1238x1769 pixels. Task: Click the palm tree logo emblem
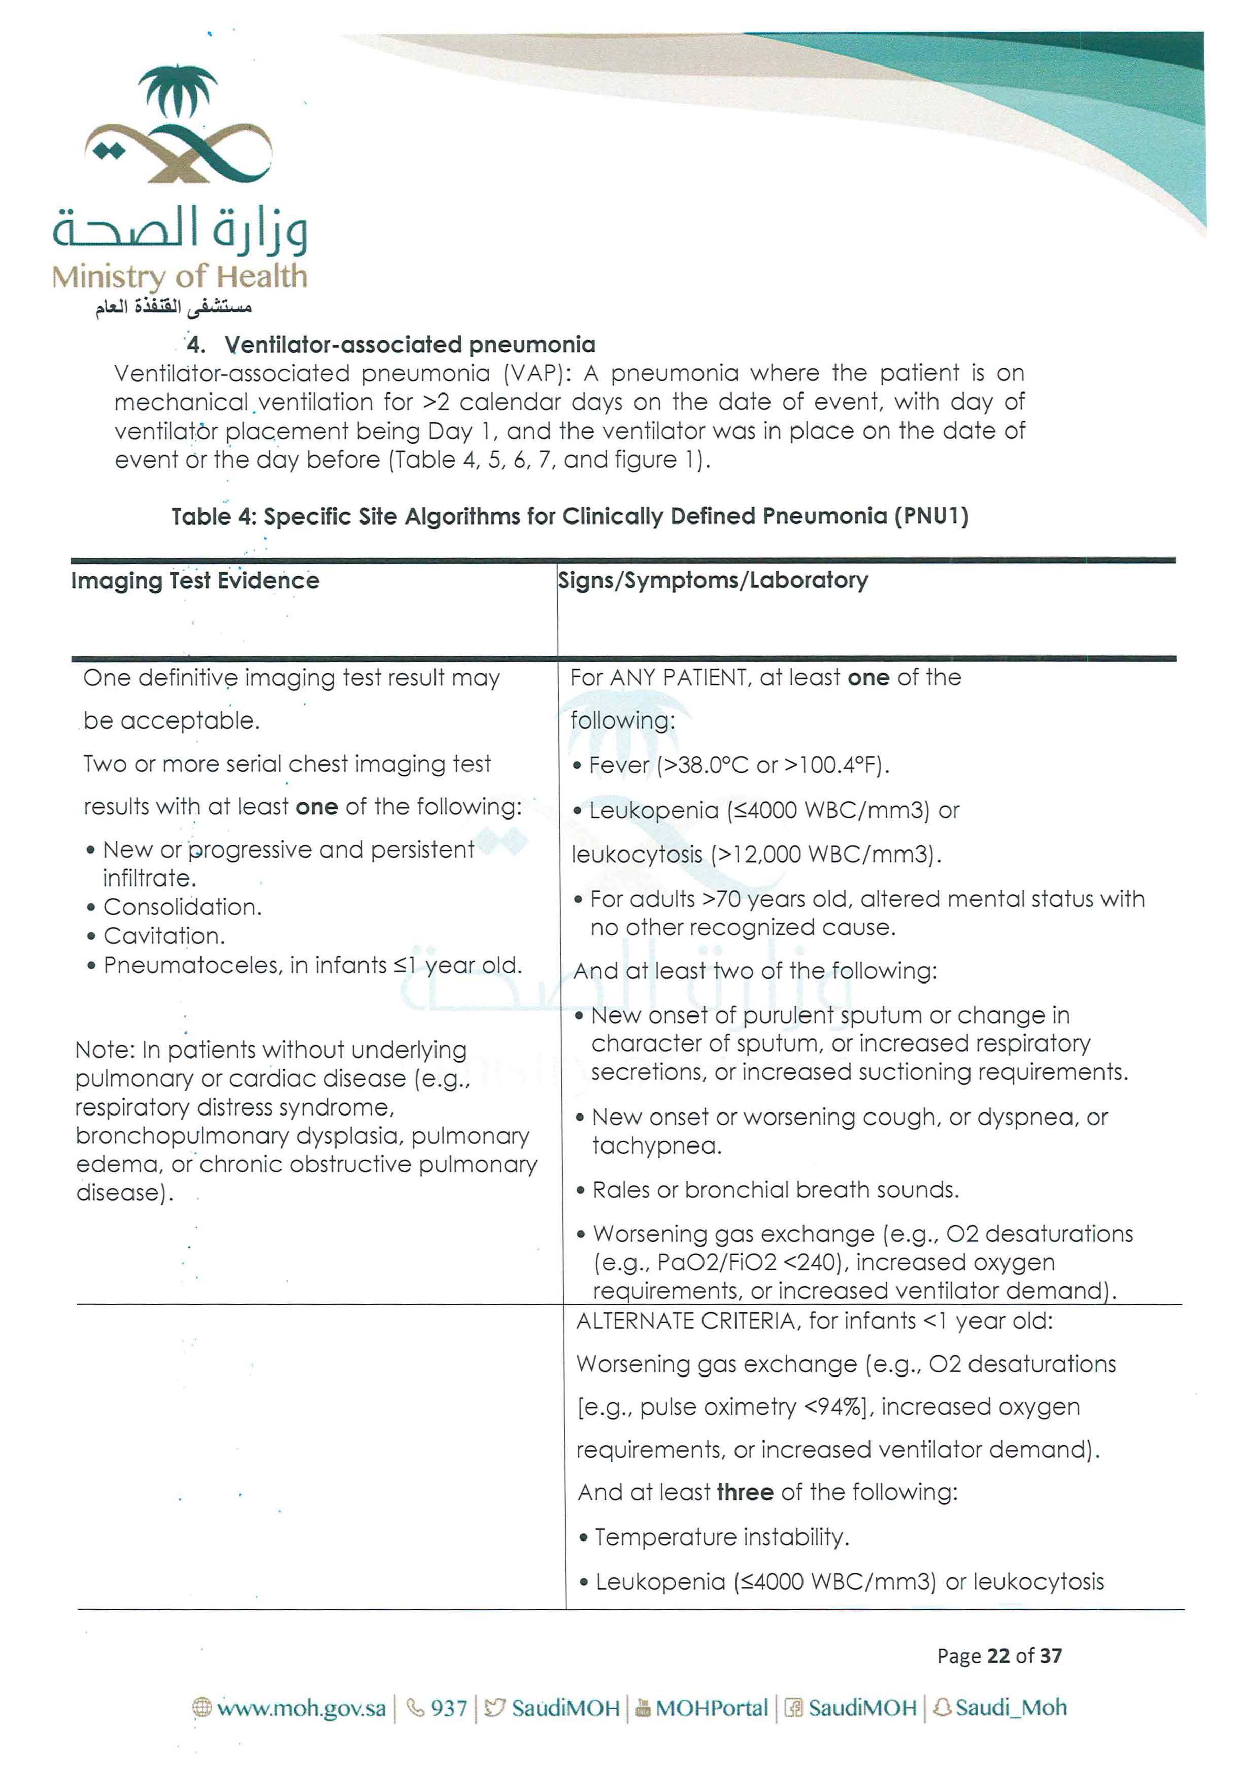(x=178, y=123)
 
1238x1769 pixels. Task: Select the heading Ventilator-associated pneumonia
(x=410, y=344)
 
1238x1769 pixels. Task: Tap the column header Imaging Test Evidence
(x=195, y=581)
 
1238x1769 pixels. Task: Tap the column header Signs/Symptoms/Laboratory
(x=713, y=580)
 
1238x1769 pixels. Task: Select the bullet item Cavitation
(x=164, y=936)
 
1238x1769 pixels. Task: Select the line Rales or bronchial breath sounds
(x=775, y=1190)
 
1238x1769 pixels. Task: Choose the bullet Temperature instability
(x=722, y=1537)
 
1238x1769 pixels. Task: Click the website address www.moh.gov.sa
(x=301, y=1708)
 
